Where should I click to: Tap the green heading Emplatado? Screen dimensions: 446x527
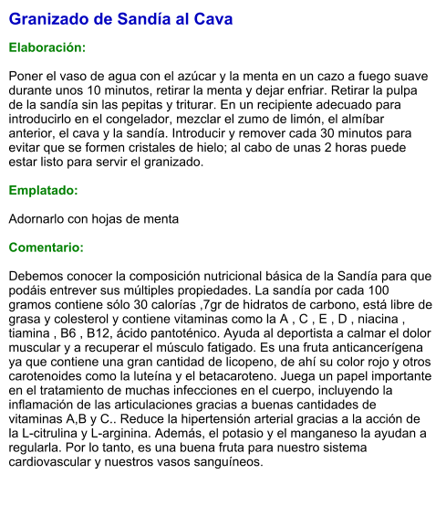tap(43, 191)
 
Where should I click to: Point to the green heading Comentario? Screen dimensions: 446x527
tap(47, 248)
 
